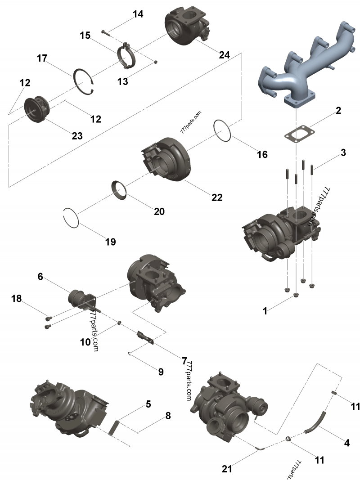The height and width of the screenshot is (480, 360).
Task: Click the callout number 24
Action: (224, 55)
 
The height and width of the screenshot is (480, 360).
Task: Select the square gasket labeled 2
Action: (300, 134)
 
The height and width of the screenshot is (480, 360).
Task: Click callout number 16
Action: (262, 155)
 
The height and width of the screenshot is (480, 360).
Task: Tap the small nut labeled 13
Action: (156, 62)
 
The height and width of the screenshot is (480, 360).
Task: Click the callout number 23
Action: (77, 135)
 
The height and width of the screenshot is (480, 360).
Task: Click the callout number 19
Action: (111, 242)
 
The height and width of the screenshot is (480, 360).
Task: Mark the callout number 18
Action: (17, 298)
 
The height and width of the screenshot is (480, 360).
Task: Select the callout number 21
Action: (227, 469)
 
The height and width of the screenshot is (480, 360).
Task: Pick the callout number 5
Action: (148, 404)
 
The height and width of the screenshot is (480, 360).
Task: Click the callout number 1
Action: (265, 311)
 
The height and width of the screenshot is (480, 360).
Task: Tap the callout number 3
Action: (343, 152)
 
